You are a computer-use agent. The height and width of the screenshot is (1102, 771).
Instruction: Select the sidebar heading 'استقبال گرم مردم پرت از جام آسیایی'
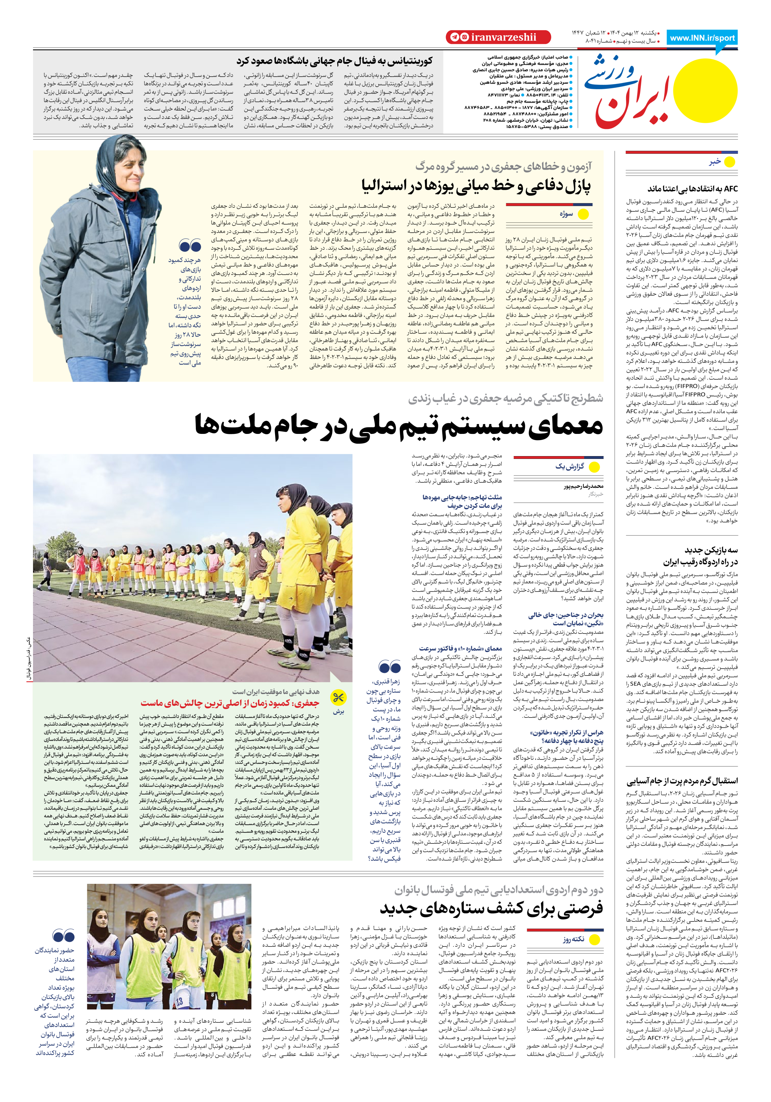[682, 781]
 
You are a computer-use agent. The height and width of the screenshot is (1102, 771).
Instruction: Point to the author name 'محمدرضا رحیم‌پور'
[583, 486]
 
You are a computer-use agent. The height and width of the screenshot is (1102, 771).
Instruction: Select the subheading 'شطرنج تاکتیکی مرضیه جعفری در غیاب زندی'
[506, 398]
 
